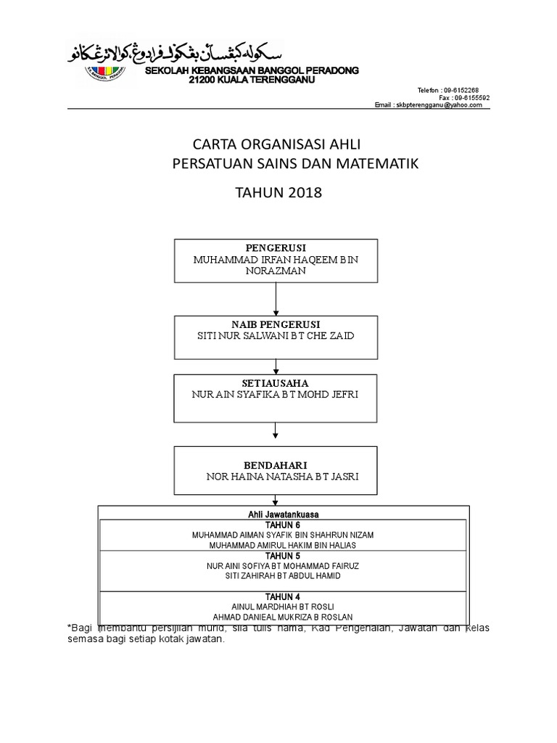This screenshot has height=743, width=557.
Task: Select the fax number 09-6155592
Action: pyautogui.click(x=471, y=97)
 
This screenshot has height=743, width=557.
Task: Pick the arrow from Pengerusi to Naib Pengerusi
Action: pyautogui.click(x=276, y=298)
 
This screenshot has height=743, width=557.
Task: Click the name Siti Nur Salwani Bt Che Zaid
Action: pyautogui.click(x=276, y=337)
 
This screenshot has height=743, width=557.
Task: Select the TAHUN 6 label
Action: pyautogui.click(x=283, y=525)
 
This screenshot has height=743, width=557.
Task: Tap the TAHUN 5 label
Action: pyautogui.click(x=283, y=555)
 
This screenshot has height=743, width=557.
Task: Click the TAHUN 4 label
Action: pyautogui.click(x=283, y=596)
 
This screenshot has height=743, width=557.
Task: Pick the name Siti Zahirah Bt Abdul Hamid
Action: pyautogui.click(x=283, y=575)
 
